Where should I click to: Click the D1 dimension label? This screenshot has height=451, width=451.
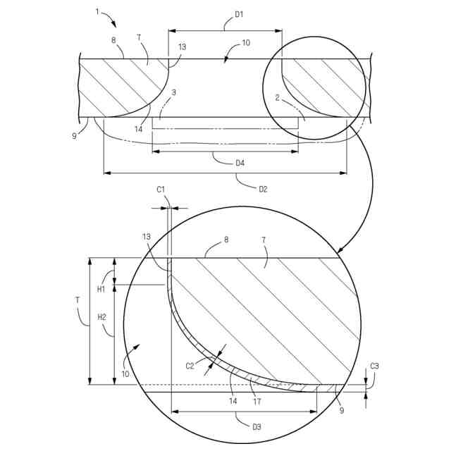click(x=239, y=14)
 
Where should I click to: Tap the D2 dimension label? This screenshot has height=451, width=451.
click(x=263, y=190)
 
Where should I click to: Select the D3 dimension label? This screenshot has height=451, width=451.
click(x=257, y=427)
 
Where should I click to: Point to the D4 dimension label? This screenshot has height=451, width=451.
click(x=240, y=163)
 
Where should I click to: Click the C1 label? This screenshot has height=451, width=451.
click(x=161, y=190)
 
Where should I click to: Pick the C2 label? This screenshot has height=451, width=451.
click(x=190, y=366)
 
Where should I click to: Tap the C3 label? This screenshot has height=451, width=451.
click(x=374, y=366)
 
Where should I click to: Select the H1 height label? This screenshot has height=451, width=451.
click(x=101, y=290)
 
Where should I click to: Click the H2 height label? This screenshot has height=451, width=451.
click(x=101, y=317)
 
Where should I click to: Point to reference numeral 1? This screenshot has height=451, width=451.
click(x=97, y=12)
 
